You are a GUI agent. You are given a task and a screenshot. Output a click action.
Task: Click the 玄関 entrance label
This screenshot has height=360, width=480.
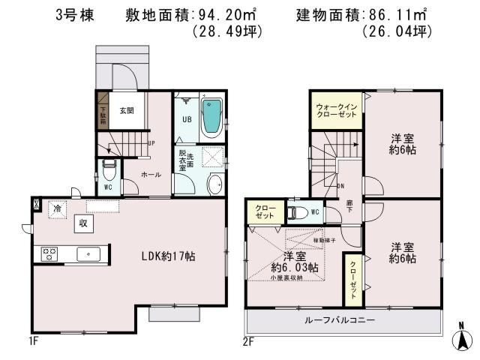pos(126,110)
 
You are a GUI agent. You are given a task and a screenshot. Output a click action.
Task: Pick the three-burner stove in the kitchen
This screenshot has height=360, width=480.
pos(51,253)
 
